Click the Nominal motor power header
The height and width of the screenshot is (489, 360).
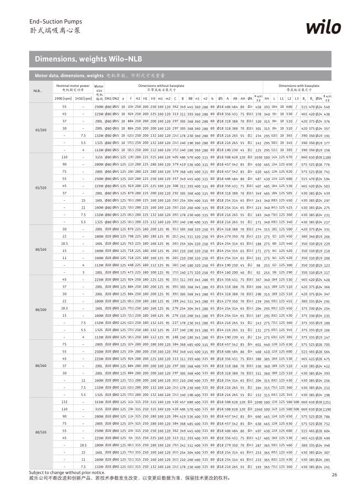[72, 87]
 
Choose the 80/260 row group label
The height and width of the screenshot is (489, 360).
[40, 365]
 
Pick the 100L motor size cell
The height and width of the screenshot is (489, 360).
[99, 272]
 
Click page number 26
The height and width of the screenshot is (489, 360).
[334, 474]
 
